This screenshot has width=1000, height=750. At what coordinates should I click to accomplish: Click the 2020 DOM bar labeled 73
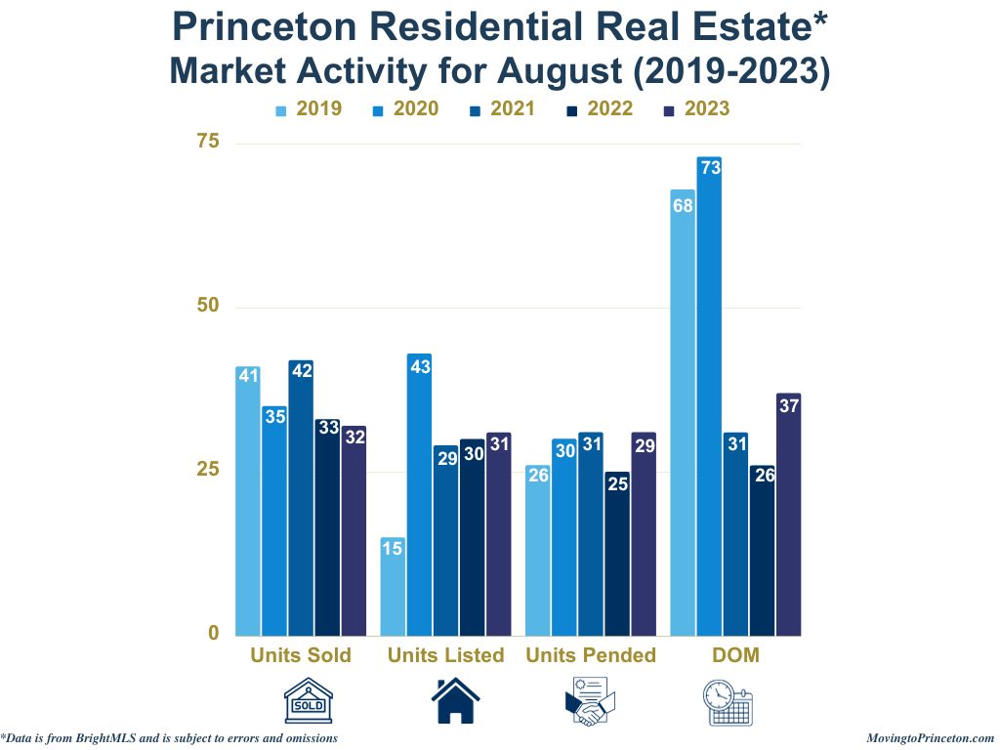coord(709,396)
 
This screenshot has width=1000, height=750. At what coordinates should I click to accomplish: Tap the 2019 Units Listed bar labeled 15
coord(393,586)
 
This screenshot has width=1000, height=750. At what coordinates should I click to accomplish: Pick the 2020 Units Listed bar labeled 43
coord(419,494)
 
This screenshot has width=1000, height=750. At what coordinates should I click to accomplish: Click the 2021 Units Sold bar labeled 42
coord(301,497)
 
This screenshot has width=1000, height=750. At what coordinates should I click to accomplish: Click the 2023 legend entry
coord(696,108)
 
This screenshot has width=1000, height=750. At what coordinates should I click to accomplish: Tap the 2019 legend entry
coord(309,108)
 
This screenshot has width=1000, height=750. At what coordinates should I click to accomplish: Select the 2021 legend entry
coord(502,108)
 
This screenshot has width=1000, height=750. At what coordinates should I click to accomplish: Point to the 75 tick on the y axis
coord(208,143)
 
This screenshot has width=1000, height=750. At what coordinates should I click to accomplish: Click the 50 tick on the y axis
coord(208,307)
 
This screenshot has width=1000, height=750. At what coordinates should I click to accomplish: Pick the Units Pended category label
coord(591,655)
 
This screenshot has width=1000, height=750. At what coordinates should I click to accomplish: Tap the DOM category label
coord(735,655)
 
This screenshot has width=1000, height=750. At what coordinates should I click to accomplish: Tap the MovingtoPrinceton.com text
coord(930,738)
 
